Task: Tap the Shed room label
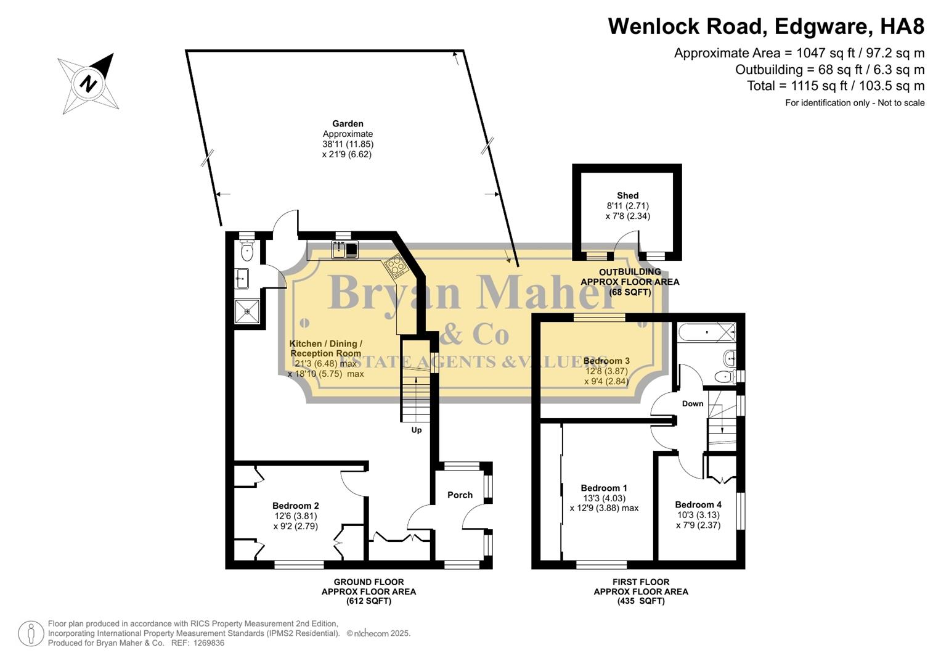pos(627,195)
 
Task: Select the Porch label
pos(460,495)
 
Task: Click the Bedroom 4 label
pos(698,504)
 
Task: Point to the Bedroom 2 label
pos(296,506)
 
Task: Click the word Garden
pos(348,124)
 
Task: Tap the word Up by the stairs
pos(417,430)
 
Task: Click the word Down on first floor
pos(693,403)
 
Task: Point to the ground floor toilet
pos(247,250)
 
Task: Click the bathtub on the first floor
pos(706,332)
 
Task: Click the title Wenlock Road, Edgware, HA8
pos(766,26)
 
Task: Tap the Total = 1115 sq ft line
pos(836,86)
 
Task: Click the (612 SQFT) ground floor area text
pos(369,601)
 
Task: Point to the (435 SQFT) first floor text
pos(641,601)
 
